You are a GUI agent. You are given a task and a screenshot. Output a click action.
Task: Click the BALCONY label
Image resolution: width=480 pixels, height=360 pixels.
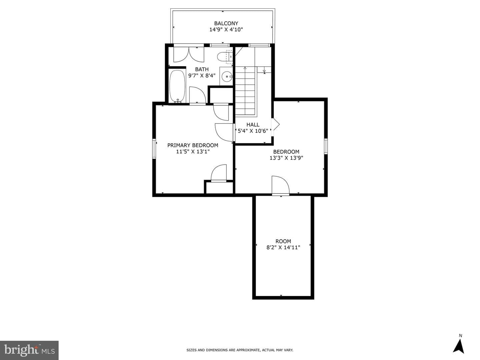pyautogui.click(x=226, y=23)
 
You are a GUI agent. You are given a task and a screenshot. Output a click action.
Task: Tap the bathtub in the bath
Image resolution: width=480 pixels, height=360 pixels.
pyautogui.click(x=177, y=86)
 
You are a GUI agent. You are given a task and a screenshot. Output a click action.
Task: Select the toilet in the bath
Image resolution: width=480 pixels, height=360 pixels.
pyautogui.click(x=225, y=57)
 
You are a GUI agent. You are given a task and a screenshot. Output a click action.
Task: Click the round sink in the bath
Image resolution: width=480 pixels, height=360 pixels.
pyautogui.click(x=227, y=77)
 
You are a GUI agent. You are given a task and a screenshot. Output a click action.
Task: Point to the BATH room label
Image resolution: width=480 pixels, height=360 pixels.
pyautogui.click(x=202, y=69)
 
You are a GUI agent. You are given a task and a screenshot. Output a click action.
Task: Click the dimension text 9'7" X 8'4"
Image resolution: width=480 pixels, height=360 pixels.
pyautogui.click(x=202, y=76)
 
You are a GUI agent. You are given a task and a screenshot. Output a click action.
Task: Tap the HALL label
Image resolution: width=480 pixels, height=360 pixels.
pyautogui.click(x=253, y=125)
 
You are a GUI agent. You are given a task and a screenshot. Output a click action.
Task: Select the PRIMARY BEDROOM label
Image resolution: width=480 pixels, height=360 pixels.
pyautogui.click(x=193, y=145)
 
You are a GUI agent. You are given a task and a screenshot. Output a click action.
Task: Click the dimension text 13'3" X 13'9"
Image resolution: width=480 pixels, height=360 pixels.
pyautogui.click(x=286, y=158)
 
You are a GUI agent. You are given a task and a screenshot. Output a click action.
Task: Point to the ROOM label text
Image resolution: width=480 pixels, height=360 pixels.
pyautogui.click(x=283, y=241)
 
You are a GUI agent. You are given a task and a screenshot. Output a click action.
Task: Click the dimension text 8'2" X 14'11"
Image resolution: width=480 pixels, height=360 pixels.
pyautogui.click(x=283, y=247)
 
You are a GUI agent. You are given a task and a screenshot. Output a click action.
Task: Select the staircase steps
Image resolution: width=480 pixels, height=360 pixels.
pyautogui.click(x=245, y=91)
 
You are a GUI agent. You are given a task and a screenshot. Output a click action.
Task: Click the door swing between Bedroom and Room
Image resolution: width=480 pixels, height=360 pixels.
pyautogui.click(x=281, y=185)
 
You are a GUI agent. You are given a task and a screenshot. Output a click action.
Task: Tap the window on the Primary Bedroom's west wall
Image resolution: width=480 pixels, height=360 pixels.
pyautogui.click(x=154, y=148)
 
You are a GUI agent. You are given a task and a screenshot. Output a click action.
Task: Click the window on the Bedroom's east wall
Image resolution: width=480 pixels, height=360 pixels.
pyautogui.click(x=326, y=146)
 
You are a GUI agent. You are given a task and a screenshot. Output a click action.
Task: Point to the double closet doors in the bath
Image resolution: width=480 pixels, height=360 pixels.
pyautogui.click(x=189, y=55)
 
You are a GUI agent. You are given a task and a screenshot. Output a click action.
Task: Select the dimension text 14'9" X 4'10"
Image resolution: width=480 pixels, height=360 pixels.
pyautogui.click(x=226, y=30)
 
